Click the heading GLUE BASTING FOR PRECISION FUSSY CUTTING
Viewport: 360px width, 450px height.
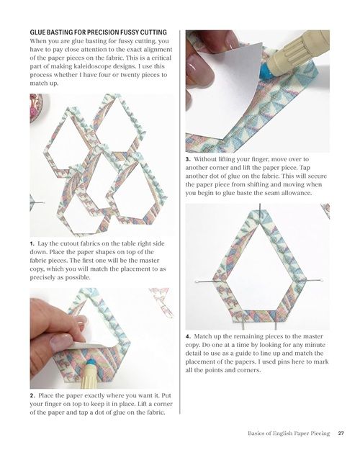(98, 32)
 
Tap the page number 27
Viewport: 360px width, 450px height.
(341, 433)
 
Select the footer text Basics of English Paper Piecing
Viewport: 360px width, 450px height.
(289, 433)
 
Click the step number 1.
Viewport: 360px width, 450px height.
(32, 244)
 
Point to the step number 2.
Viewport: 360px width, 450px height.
(32, 396)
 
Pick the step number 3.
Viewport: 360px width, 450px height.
(188, 159)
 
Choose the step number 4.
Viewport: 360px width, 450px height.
(188, 336)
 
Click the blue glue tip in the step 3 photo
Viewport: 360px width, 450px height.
(266, 71)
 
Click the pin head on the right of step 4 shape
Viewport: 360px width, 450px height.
(321, 280)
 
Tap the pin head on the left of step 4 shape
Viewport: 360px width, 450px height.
(197, 282)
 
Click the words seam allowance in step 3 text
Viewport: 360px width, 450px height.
(283, 193)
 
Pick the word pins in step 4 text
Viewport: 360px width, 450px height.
(282, 362)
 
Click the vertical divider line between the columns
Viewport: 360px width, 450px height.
(180, 222)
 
